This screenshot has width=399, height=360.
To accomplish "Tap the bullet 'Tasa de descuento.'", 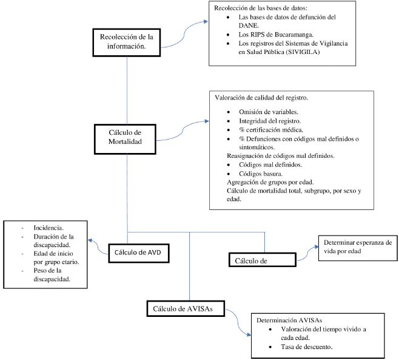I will [307, 347].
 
